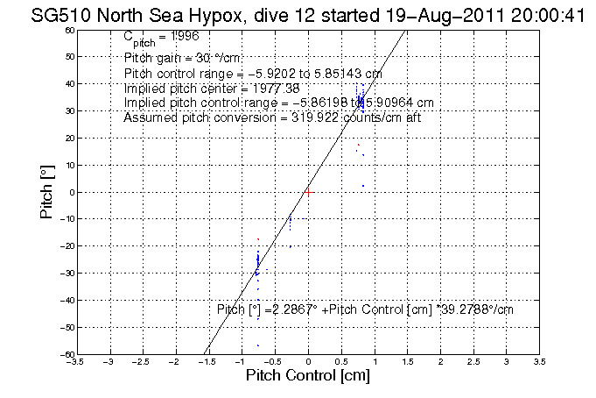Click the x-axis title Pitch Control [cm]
click(307, 376)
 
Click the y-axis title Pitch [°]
click(49, 190)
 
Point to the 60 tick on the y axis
click(70, 30)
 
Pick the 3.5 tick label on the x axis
click(540, 361)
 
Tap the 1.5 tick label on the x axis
click(408, 361)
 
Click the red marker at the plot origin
click(308, 191)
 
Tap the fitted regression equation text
click(364, 309)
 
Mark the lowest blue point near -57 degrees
click(258, 345)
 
